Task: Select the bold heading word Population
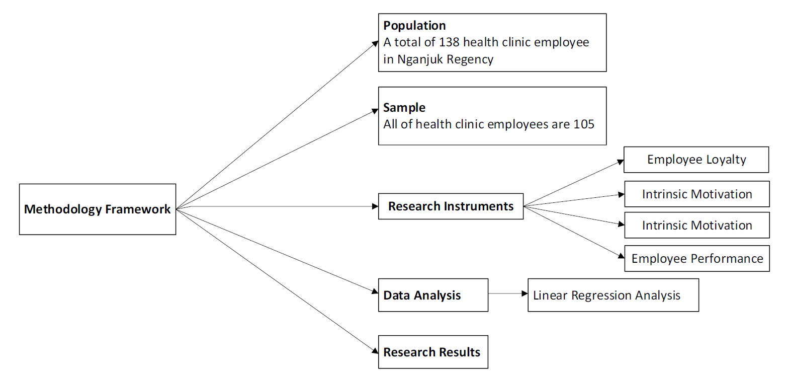(x=414, y=26)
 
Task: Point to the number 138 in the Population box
(x=449, y=42)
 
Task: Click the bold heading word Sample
(x=404, y=107)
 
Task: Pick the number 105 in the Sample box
(x=584, y=124)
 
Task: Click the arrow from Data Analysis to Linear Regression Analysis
(x=508, y=293)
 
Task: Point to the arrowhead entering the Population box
(x=375, y=44)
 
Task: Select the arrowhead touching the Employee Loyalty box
(x=621, y=162)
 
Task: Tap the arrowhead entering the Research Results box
(x=375, y=350)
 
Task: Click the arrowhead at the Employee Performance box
(x=621, y=256)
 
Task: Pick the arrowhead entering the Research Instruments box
(x=375, y=206)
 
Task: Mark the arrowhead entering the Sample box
(x=375, y=111)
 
